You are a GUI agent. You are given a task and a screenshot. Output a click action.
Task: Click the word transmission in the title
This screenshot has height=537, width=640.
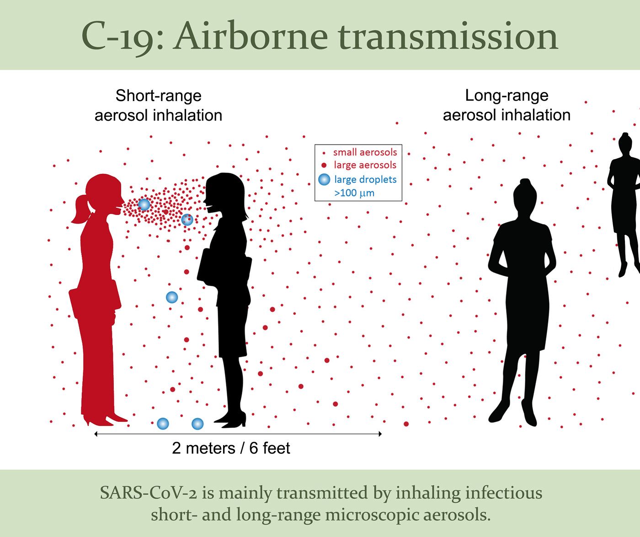point(448,37)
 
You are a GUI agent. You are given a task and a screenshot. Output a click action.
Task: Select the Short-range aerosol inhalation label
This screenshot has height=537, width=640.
point(158,106)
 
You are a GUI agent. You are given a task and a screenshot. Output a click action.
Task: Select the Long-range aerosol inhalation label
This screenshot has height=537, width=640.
point(507,105)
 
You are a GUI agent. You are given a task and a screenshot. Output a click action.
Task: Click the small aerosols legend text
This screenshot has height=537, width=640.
point(365,152)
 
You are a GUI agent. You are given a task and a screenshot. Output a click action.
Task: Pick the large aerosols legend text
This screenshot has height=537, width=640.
point(365,165)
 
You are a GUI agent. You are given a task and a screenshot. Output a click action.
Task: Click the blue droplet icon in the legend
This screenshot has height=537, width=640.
point(324,179)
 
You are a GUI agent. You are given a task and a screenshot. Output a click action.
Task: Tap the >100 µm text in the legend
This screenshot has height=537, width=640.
point(354,193)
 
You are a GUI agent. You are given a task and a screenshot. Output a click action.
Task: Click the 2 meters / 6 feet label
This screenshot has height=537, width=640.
point(231,448)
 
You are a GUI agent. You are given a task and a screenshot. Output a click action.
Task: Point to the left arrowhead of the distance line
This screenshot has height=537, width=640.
point(96,434)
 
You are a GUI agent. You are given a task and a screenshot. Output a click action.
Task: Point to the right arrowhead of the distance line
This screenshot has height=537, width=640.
point(380,434)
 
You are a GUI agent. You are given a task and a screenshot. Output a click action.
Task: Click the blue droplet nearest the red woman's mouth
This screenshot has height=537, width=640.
point(144,204)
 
